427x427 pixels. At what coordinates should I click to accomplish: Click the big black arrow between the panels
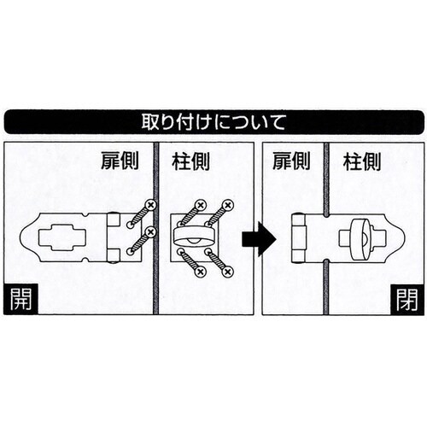click(x=257, y=238)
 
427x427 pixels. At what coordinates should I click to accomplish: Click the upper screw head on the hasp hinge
click(x=150, y=206)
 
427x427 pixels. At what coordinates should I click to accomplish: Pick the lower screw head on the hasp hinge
click(x=150, y=232)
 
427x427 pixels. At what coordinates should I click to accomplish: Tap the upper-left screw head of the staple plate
click(x=201, y=206)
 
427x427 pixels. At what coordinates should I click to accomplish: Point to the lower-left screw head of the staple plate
click(x=200, y=271)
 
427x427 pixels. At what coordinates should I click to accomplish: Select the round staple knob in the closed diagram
click(x=358, y=237)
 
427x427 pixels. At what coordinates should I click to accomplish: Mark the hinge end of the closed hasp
click(x=300, y=238)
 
